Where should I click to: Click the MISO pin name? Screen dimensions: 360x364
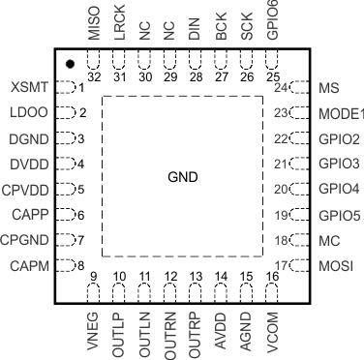94,20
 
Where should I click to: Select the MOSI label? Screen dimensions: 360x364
335,264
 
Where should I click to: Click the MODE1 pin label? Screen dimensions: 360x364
340,112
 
